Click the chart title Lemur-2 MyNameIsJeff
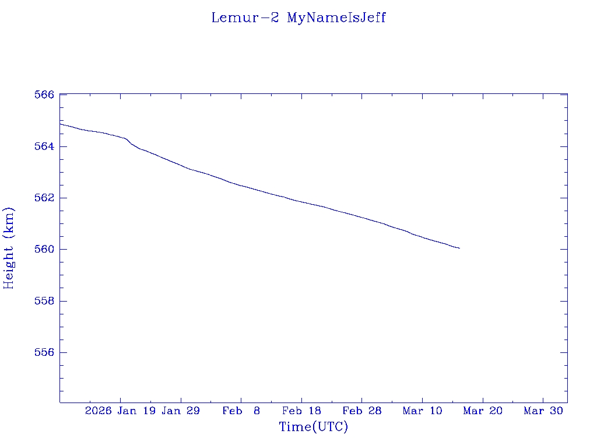(x=298, y=17)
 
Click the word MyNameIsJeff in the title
(x=336, y=17)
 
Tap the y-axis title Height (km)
(x=9, y=248)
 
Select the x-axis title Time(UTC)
(x=313, y=427)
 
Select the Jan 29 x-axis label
(x=181, y=411)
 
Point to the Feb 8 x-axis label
(x=241, y=411)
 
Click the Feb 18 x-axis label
(x=301, y=411)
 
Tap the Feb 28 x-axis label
(x=362, y=411)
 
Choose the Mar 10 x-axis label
(x=422, y=411)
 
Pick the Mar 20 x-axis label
(x=483, y=411)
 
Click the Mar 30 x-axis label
(x=543, y=411)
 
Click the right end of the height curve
(x=459, y=248)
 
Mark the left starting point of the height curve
(x=60, y=124)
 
